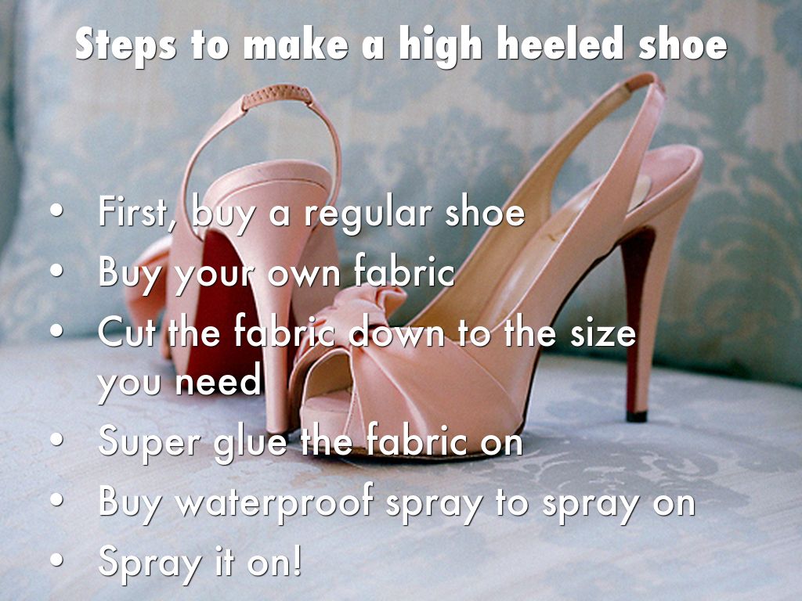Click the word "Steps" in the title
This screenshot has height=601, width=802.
tap(126, 45)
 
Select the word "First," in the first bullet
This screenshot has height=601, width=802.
tap(132, 211)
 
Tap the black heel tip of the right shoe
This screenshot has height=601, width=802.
tap(637, 416)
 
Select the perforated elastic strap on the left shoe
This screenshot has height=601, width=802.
tap(276, 96)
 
